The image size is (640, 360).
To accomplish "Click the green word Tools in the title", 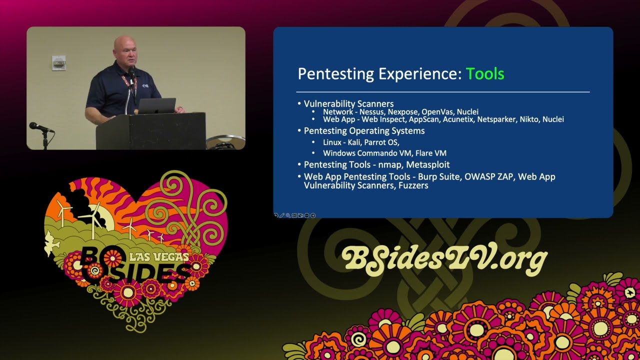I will [x=485, y=74].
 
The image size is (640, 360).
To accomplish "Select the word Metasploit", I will [x=429, y=164].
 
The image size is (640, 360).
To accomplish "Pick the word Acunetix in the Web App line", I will [x=456, y=119].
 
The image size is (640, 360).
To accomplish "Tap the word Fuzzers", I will [x=412, y=185].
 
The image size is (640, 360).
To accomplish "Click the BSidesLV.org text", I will [x=444, y=257].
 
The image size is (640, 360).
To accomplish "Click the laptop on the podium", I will [x=156, y=105].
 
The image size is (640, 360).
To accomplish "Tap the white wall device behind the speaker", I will [x=59, y=62].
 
